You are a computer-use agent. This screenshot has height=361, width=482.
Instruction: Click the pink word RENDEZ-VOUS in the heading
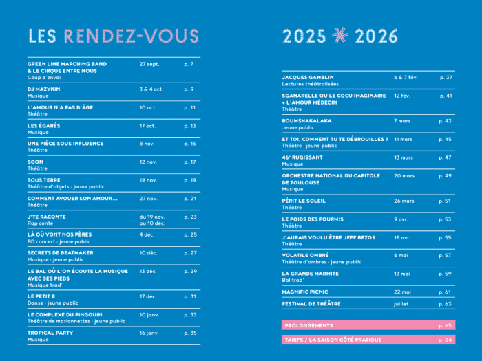point(131,36)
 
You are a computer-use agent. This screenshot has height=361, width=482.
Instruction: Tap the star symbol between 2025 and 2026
point(340,36)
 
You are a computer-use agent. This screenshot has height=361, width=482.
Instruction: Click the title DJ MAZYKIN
point(44,89)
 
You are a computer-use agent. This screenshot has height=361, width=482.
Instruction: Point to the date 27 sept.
point(149,64)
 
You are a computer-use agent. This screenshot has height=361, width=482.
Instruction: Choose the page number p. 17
point(190,162)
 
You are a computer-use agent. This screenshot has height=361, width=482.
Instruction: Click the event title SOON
point(35,162)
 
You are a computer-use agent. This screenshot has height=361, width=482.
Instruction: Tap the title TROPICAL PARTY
point(50,333)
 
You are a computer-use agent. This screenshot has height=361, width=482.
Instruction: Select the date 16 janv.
point(149,333)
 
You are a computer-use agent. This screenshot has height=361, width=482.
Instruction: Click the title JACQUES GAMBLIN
point(308,78)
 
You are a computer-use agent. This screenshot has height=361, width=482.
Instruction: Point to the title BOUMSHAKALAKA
point(306,121)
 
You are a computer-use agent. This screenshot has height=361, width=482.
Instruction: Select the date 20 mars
point(404,175)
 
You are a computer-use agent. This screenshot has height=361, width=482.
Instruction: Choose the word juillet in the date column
point(401,303)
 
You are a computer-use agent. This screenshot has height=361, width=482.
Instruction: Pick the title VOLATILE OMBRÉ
point(306,255)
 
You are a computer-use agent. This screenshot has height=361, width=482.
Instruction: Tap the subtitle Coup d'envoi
point(43,78)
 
